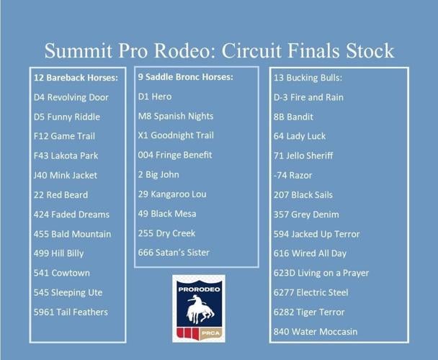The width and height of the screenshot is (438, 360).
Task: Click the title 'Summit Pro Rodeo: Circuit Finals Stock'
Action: click(x=219, y=50)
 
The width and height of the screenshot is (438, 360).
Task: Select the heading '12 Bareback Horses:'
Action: click(x=76, y=78)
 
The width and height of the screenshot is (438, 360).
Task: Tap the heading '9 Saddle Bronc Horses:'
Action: click(x=186, y=77)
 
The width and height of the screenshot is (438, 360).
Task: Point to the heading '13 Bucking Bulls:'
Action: click(x=308, y=78)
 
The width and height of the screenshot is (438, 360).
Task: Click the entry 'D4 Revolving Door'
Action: click(x=71, y=97)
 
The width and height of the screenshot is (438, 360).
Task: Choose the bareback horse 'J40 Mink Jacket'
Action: click(x=66, y=175)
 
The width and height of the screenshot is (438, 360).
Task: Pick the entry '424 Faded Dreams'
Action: click(x=72, y=214)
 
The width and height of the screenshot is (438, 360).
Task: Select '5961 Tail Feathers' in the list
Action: click(x=71, y=312)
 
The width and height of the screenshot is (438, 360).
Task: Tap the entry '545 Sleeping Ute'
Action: click(x=68, y=292)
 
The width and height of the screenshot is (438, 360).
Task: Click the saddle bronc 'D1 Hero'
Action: click(x=155, y=96)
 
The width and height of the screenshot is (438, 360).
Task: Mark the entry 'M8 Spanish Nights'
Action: click(x=176, y=116)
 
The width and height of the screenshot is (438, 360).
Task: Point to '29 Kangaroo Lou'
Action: click(x=172, y=194)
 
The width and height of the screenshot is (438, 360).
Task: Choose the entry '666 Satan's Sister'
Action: click(x=174, y=253)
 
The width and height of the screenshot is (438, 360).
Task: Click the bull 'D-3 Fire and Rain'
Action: click(x=308, y=97)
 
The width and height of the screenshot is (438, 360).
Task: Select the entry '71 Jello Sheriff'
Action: click(x=303, y=156)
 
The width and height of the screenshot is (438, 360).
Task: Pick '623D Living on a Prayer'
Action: click(x=321, y=273)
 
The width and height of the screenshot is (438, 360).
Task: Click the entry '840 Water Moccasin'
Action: click(x=316, y=331)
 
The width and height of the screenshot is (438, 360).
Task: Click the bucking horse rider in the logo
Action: click(x=198, y=308)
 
